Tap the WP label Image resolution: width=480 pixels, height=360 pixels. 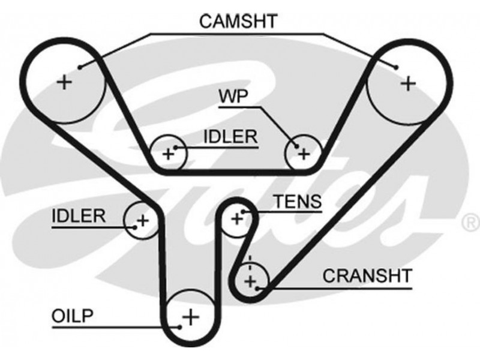click(x=235, y=97)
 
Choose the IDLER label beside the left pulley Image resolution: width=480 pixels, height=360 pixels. click(x=79, y=215)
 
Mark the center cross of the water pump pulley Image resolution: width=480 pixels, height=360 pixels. click(x=304, y=155)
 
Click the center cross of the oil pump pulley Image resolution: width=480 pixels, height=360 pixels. click(x=190, y=316)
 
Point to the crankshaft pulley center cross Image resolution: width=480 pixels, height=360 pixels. click(x=251, y=280)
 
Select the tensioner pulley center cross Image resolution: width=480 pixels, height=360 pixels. click(x=236, y=220)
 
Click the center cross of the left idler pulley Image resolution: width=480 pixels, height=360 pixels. click(x=142, y=220)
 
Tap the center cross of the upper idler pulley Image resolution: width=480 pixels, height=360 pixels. click(x=169, y=155)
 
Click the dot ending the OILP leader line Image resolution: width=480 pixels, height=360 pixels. click(x=179, y=327)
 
